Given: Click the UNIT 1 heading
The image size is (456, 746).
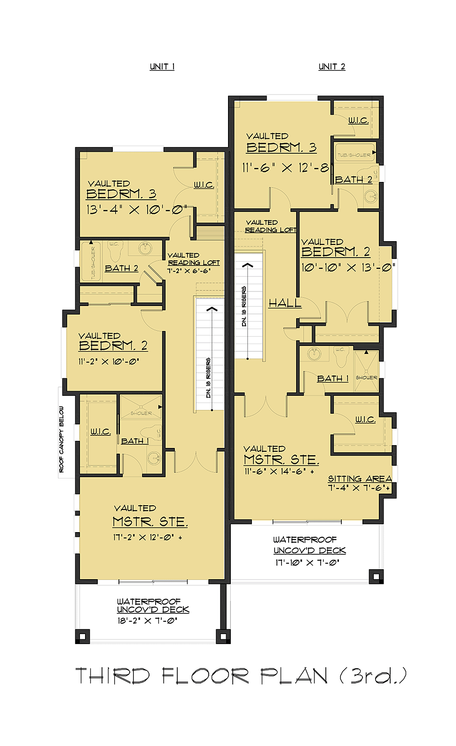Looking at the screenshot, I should coord(162,67).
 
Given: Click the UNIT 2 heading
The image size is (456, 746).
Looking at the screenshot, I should coord(331,67).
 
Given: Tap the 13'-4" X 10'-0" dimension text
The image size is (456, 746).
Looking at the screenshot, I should coord(136,210).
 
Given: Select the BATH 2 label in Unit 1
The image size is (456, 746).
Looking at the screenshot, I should coord(121,268).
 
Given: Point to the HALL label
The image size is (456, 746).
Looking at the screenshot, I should coord(285,303).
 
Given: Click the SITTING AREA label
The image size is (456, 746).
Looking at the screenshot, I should coord(360,479).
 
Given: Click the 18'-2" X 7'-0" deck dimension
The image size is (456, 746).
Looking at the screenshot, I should coord(147,621).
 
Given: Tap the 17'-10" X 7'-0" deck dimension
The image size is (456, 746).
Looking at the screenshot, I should coord(307,562).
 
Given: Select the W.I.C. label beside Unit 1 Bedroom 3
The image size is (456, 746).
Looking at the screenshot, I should coord(204,185).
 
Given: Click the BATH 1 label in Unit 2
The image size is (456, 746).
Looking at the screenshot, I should coord(333,379).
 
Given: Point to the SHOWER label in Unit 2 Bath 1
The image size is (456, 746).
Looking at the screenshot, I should coord(366,377).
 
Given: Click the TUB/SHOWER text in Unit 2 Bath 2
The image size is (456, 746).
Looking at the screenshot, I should coord(354,155).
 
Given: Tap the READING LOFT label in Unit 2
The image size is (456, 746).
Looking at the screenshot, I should coord(270,230).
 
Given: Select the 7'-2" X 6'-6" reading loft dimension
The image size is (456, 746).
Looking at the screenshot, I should coord(189,271).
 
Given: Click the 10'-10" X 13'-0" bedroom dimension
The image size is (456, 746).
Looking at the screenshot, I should coord(348,267).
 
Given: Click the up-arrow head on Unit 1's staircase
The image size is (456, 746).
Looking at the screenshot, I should coord(212,309).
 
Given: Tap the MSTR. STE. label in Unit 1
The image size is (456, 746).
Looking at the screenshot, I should coord(150,522).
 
